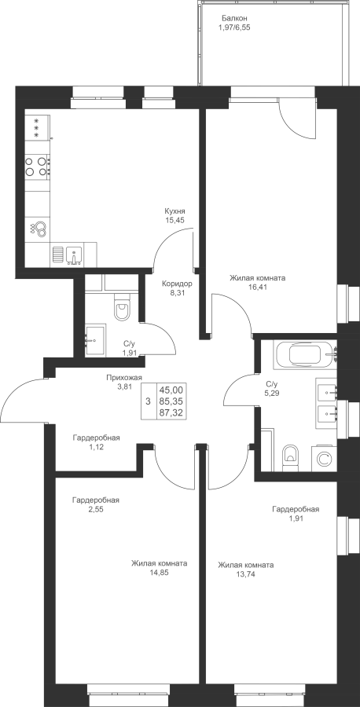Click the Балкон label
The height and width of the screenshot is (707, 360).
tap(234, 19)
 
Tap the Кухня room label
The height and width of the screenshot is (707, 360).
tap(175, 211)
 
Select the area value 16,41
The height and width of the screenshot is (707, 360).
tap(257, 286)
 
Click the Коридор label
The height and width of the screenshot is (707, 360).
tap(178, 284)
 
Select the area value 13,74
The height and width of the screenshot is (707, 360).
tap(245, 573)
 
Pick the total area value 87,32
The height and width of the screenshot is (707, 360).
tap(173, 412)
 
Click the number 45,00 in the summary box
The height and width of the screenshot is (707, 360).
tap(173, 390)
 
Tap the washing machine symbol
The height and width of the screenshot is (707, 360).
tap(324, 460)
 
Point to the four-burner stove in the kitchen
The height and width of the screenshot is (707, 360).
tap(37, 166)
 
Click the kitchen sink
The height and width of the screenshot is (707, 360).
tap(73, 255)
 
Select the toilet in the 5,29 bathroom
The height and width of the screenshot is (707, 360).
tap(290, 456)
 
